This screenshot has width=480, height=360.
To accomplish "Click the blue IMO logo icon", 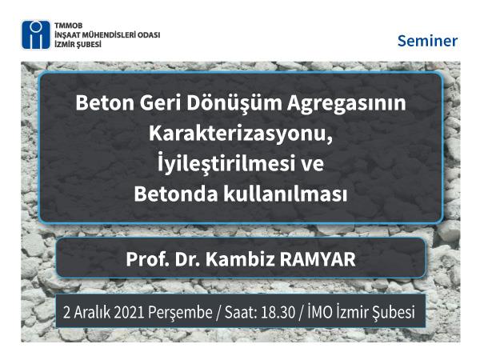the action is click(36, 35).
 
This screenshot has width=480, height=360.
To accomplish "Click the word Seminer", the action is click(427, 41).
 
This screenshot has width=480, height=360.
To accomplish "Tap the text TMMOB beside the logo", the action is click(68, 26).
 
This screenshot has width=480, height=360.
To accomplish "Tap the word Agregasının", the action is click(346, 104).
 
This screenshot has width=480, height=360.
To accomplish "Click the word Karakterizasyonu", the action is click(241, 134).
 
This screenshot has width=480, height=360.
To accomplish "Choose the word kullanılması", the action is click(286, 194).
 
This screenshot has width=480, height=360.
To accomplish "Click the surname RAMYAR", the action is click(318, 259).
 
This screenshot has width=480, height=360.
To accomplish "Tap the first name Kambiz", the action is click(240, 259).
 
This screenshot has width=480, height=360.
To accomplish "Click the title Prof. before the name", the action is click(147, 259).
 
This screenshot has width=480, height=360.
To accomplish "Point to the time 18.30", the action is click(278, 313).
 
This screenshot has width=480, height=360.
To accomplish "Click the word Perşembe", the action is click(180, 313).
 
